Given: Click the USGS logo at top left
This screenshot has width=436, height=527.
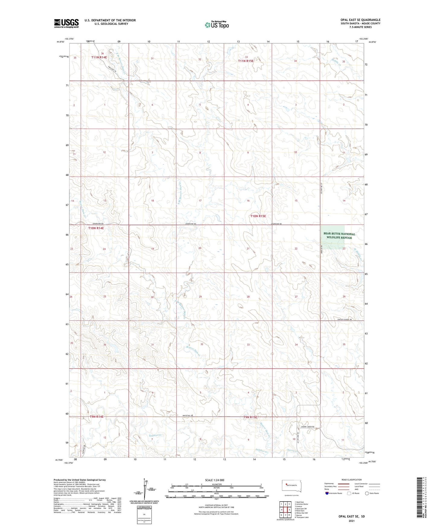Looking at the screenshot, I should click(66, 23).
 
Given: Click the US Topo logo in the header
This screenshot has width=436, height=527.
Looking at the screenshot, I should click(216, 25).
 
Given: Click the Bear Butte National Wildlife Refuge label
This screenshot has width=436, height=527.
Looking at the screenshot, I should click(339, 236).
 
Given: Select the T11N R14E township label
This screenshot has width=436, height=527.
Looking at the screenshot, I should click(99, 57).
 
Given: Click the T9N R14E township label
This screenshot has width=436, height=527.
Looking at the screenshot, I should click(97, 417).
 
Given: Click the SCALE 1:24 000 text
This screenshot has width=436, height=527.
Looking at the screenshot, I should click(215, 480).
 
